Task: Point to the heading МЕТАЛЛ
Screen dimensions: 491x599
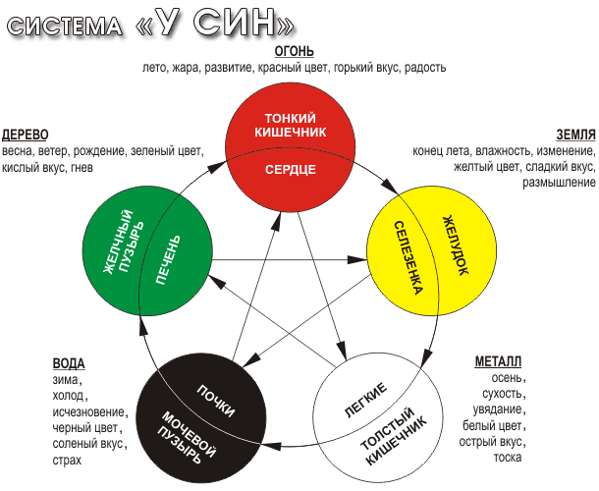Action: click(x=498, y=360)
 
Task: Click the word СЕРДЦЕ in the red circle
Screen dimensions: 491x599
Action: click(x=290, y=169)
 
